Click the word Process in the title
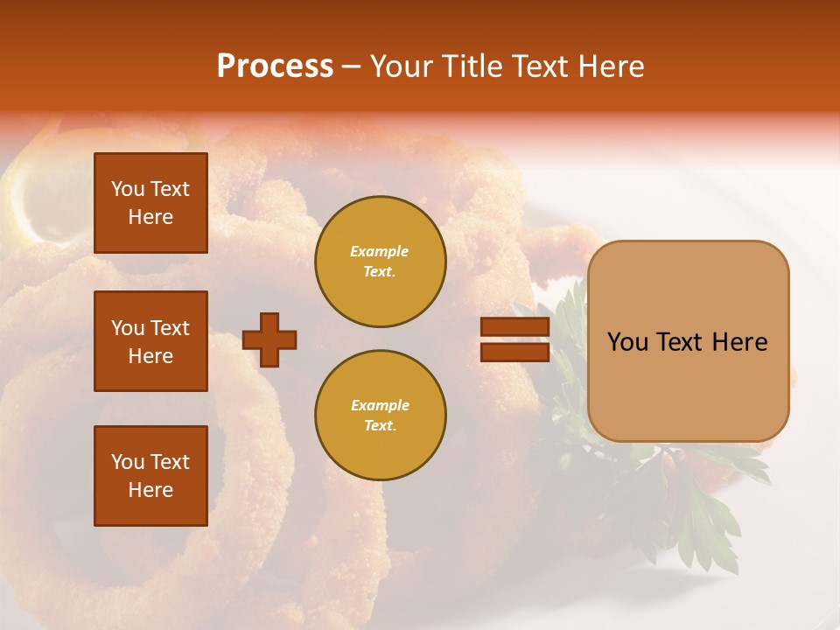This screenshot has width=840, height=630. pyautogui.click(x=275, y=66)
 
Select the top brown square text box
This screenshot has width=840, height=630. pyautogui.click(x=150, y=203)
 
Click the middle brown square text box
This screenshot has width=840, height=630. pyautogui.click(x=150, y=341)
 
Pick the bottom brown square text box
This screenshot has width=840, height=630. pyautogui.click(x=150, y=475)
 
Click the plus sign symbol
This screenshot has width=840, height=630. pyautogui.click(x=269, y=339)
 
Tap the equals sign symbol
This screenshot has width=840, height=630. pyautogui.click(x=514, y=339)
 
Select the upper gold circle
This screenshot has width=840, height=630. pyautogui.click(x=380, y=262)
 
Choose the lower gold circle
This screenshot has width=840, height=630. pyautogui.click(x=380, y=415)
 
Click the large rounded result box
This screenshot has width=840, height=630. pyautogui.click(x=688, y=341)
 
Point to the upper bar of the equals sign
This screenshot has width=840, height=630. pyautogui.click(x=514, y=327)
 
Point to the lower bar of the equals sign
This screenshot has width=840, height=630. pyautogui.click(x=514, y=352)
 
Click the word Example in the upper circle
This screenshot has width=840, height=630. pyautogui.click(x=380, y=251)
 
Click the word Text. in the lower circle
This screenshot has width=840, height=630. pyautogui.click(x=380, y=425)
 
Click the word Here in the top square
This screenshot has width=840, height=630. pyautogui.click(x=150, y=217)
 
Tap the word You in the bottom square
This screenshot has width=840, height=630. pyautogui.click(x=128, y=462)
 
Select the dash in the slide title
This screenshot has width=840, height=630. pyautogui.click(x=352, y=66)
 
